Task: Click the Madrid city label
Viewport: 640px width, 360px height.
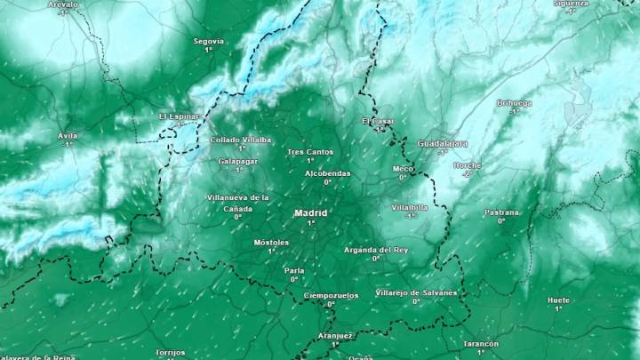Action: click(311, 213)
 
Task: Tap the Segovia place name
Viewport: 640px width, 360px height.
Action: click(209, 41)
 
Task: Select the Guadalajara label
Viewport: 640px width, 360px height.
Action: click(443, 143)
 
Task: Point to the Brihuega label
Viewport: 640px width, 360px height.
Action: click(514, 103)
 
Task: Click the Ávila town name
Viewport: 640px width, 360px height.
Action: click(68, 135)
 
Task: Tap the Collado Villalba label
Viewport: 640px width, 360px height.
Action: click(241, 140)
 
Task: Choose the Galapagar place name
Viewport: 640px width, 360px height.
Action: click(237, 161)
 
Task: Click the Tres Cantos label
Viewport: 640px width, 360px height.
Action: click(309, 152)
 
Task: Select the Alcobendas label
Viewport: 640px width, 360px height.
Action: click(327, 173)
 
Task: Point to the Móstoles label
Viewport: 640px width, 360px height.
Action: click(271, 242)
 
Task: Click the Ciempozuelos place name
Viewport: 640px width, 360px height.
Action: click(331, 294)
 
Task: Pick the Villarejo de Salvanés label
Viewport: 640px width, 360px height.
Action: click(416, 292)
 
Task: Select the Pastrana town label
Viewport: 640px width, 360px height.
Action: click(501, 212)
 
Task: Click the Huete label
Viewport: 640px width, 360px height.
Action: click(558, 300)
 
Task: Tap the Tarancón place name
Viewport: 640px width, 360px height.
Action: click(481, 343)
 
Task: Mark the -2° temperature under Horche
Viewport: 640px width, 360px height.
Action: click(466, 174)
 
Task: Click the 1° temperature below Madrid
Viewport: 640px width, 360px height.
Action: click(311, 223)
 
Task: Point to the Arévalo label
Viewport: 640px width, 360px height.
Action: click(63, 4)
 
